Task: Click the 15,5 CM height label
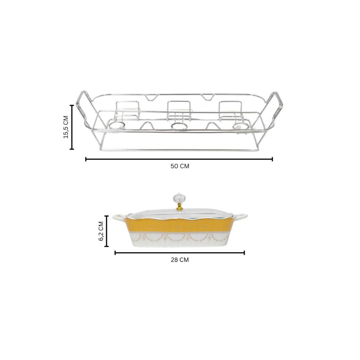tap(66, 127)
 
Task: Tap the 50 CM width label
tap(180, 166)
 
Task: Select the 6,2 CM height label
tap(101, 231)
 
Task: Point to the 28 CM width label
tap(180, 260)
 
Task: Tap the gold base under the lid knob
tap(179, 208)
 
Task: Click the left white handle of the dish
tap(119, 217)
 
